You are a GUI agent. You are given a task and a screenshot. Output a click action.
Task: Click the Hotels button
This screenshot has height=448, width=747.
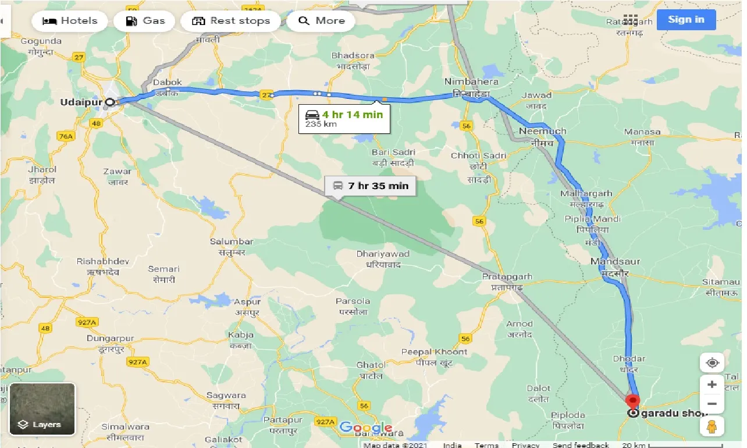tap(70, 21)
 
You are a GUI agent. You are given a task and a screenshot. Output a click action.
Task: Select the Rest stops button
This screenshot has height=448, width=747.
tap(230, 21)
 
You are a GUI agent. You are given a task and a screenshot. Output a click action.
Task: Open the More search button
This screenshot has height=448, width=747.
tap(322, 21)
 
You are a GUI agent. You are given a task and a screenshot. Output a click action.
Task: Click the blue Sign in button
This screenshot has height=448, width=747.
tap(686, 20)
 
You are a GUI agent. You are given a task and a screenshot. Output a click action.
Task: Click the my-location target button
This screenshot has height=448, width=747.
tap(712, 363)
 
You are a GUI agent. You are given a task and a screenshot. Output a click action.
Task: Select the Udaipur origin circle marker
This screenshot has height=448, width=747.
tap(109, 102)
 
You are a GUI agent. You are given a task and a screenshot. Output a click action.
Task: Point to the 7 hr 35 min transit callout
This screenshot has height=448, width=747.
tap(370, 186)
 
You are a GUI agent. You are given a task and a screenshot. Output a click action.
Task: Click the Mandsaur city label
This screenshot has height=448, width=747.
tap(615, 261)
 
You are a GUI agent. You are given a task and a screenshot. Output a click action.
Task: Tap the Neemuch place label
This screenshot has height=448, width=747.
tap(542, 131)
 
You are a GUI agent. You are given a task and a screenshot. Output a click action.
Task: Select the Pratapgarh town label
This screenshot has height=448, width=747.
tap(503, 277)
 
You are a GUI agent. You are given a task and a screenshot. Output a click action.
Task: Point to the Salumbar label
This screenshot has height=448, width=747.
tap(232, 241)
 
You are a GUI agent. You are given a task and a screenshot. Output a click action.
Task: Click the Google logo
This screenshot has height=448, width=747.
tap(366, 428)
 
